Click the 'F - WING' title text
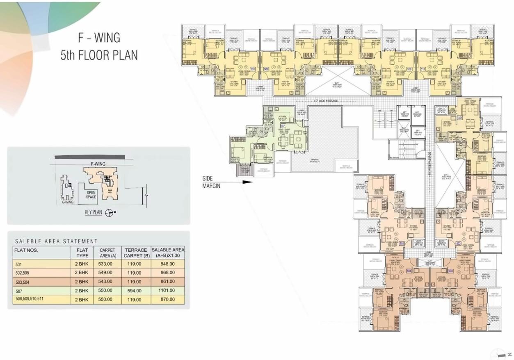coord(99,38)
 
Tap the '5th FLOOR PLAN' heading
coord(99,55)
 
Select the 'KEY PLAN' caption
coord(93,212)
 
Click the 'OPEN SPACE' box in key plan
coord(91,194)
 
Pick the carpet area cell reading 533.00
coord(105,264)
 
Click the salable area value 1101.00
coord(167,290)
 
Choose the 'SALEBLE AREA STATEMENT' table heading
coord(56,241)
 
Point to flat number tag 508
coord(253,69)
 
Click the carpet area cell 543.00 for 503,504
coord(105,282)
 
